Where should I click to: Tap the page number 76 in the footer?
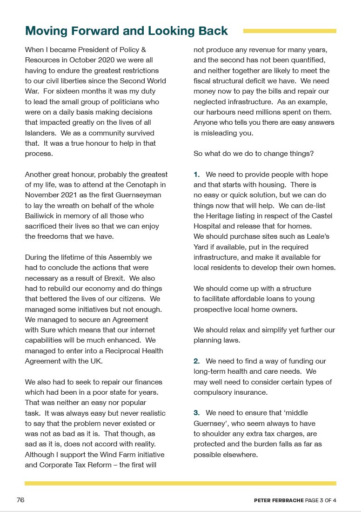pos(20,500)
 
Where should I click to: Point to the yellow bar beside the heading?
pos(290,31)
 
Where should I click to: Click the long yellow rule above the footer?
pos(180,483)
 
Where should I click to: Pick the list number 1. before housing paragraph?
pos(197,175)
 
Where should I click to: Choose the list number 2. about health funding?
pos(197,361)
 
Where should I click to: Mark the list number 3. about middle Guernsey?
pos(197,413)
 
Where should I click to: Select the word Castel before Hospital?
pos(322,216)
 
